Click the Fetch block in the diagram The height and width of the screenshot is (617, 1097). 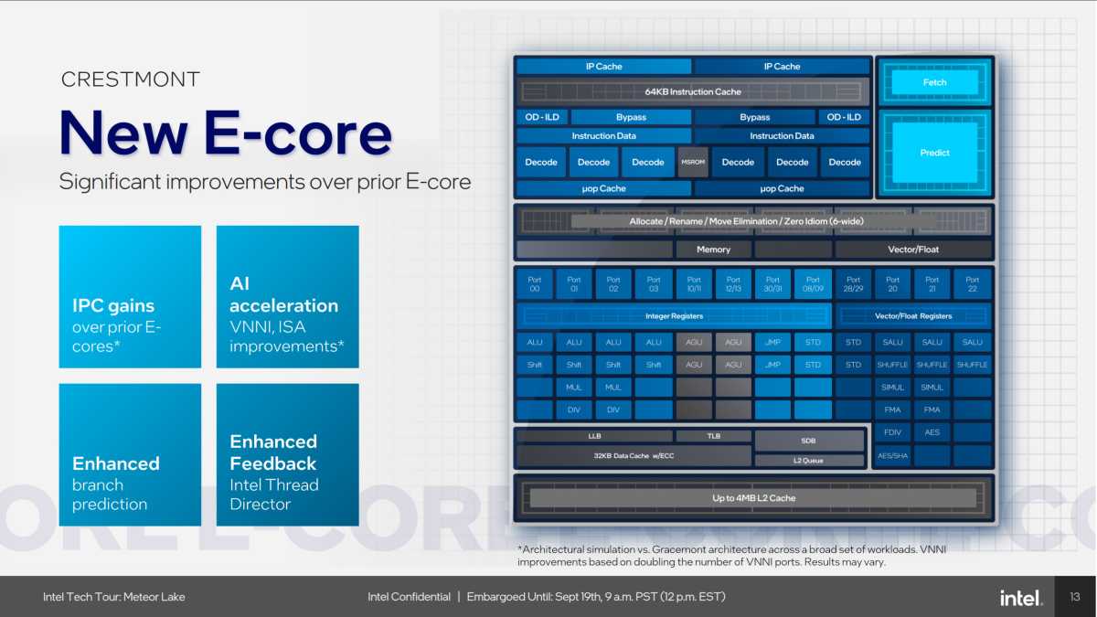tap(934, 82)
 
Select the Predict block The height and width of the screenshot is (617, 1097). tap(934, 153)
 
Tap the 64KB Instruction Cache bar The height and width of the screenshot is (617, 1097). tap(692, 92)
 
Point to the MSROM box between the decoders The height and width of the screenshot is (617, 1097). tap(693, 162)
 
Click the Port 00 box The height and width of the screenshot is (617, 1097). tap(535, 284)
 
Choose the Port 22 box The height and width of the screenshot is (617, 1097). tap(972, 284)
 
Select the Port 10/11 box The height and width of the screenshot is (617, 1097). tap(693, 284)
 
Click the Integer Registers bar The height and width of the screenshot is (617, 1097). tap(674, 316)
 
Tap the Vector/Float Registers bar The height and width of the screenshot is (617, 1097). tap(913, 316)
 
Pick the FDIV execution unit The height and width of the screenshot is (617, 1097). tap(892, 432)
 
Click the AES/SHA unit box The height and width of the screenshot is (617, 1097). tap(892, 455)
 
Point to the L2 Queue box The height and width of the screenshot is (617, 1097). tap(808, 461)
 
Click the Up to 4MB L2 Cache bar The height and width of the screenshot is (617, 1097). tap(753, 498)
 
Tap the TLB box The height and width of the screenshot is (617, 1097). tap(713, 436)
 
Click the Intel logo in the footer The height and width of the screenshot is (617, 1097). tap(1020, 598)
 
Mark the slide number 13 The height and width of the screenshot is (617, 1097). tap(1075, 598)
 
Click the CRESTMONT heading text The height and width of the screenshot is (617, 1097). tap(130, 80)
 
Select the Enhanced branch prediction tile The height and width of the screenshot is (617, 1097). tap(130, 454)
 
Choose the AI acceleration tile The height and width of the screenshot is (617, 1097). tap(287, 297)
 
